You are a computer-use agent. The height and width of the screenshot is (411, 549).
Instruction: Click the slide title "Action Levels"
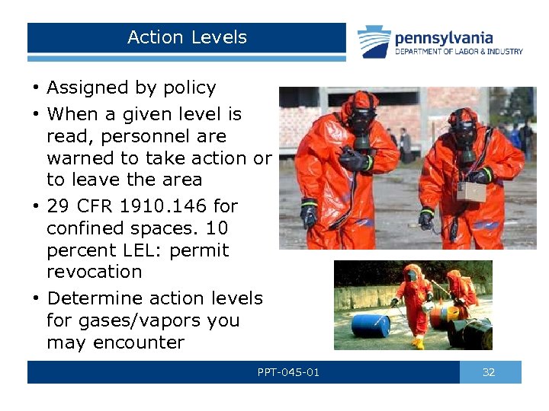(x=187, y=37)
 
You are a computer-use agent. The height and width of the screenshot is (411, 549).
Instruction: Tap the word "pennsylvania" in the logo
(x=443, y=37)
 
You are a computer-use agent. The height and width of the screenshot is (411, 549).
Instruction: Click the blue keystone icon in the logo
(x=374, y=41)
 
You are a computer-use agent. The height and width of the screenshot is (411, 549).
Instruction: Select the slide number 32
(x=490, y=372)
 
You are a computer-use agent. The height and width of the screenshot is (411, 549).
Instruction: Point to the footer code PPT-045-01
(x=288, y=372)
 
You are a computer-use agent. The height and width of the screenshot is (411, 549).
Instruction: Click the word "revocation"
(x=95, y=272)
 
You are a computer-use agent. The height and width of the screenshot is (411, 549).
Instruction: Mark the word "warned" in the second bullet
(x=79, y=158)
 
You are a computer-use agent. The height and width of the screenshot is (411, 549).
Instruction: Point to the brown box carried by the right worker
(x=470, y=191)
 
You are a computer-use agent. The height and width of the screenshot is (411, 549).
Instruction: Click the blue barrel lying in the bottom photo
(x=371, y=325)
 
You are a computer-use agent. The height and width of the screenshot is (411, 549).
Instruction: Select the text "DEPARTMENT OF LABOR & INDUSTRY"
(x=458, y=52)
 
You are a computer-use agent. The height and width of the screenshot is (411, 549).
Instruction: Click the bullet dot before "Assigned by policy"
(x=36, y=88)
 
